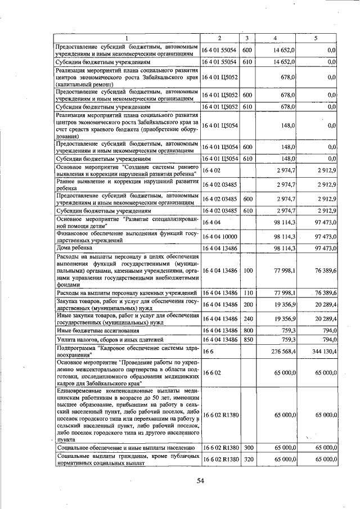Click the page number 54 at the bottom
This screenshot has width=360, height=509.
200,480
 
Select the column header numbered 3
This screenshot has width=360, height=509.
247,38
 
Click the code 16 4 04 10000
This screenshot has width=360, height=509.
220,238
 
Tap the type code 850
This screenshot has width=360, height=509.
247,340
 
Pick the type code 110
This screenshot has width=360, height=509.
247,293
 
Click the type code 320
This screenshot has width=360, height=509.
247,460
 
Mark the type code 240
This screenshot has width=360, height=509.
247,319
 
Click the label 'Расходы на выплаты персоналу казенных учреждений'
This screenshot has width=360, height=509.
127,293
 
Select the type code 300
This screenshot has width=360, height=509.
247,447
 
